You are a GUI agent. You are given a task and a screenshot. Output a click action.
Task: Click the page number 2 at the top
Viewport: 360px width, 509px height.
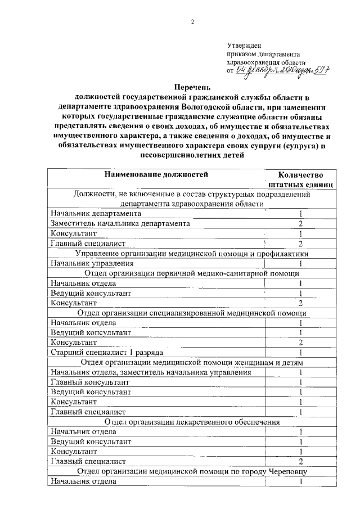tap(192, 22)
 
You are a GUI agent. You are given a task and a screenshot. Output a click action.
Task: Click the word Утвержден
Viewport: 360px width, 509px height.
tap(242, 44)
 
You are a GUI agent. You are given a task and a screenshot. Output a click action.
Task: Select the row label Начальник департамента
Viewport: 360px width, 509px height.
tap(96, 213)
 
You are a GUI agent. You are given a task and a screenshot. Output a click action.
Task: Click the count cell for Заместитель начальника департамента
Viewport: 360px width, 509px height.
tap(301, 223)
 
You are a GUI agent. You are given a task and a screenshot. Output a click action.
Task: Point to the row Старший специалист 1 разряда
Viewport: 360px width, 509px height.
tap(107, 352)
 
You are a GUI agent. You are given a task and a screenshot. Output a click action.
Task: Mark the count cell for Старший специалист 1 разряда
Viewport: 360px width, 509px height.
tap(301, 353)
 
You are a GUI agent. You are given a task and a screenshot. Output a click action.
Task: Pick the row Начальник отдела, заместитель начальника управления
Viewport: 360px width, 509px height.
tap(151, 372)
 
